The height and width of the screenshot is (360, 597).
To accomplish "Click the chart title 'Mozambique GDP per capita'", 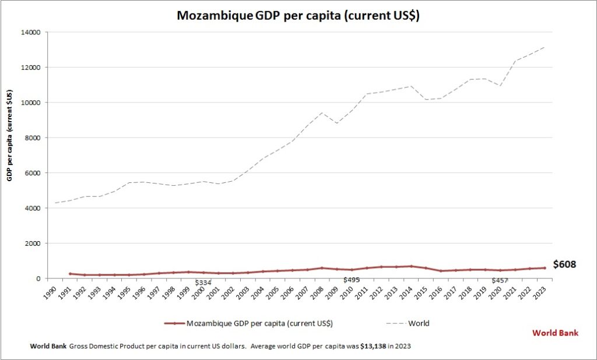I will (x=298, y=16).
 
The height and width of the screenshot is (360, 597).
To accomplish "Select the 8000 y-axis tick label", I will (x=31, y=138).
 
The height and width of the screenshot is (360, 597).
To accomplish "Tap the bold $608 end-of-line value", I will (x=564, y=264).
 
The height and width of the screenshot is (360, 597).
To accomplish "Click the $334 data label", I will (x=202, y=283).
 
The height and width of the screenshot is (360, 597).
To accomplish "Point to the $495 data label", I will (x=352, y=280).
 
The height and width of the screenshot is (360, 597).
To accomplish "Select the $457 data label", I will (x=500, y=281).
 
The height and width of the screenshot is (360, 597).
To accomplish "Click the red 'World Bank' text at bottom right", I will (x=556, y=333).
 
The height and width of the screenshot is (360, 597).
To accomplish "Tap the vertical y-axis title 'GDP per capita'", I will (x=10, y=135).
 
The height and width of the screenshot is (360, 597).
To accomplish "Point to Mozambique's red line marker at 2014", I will (x=412, y=266).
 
